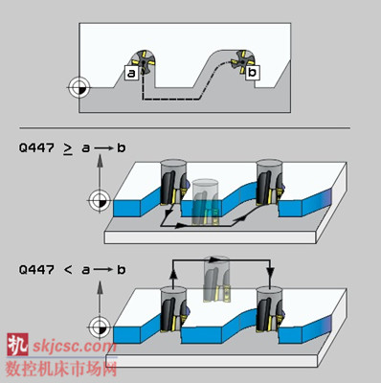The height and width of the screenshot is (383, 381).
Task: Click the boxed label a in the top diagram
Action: (x=131, y=73)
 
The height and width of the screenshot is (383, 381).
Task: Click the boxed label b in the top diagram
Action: (x=253, y=72)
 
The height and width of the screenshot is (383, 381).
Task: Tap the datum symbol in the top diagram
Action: (x=78, y=87)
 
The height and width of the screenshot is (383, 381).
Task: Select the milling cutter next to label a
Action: (x=144, y=61)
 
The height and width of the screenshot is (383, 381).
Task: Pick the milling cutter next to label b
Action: (x=242, y=61)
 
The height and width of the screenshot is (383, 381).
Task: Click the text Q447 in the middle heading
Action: (x=36, y=147)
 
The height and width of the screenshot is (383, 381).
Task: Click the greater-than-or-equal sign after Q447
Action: (x=68, y=148)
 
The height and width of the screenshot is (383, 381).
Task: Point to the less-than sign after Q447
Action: (x=68, y=270)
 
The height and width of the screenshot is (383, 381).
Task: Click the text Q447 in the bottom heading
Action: (x=36, y=270)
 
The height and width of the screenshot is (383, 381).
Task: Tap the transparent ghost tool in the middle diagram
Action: (x=205, y=202)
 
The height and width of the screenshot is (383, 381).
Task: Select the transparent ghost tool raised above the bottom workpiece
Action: (x=217, y=279)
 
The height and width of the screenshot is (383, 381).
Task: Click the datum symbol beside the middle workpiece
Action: (x=100, y=201)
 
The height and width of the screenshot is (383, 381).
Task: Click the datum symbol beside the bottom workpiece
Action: (x=100, y=327)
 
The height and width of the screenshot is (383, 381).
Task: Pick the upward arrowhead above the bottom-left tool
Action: (x=172, y=274)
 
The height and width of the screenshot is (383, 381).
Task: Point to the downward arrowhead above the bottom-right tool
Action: (x=270, y=273)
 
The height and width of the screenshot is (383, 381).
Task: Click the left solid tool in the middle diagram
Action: (x=173, y=182)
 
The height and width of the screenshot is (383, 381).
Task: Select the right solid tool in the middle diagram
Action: (x=270, y=182)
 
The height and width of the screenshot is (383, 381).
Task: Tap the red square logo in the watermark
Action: (x=17, y=345)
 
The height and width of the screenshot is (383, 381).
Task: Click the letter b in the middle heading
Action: (x=122, y=147)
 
